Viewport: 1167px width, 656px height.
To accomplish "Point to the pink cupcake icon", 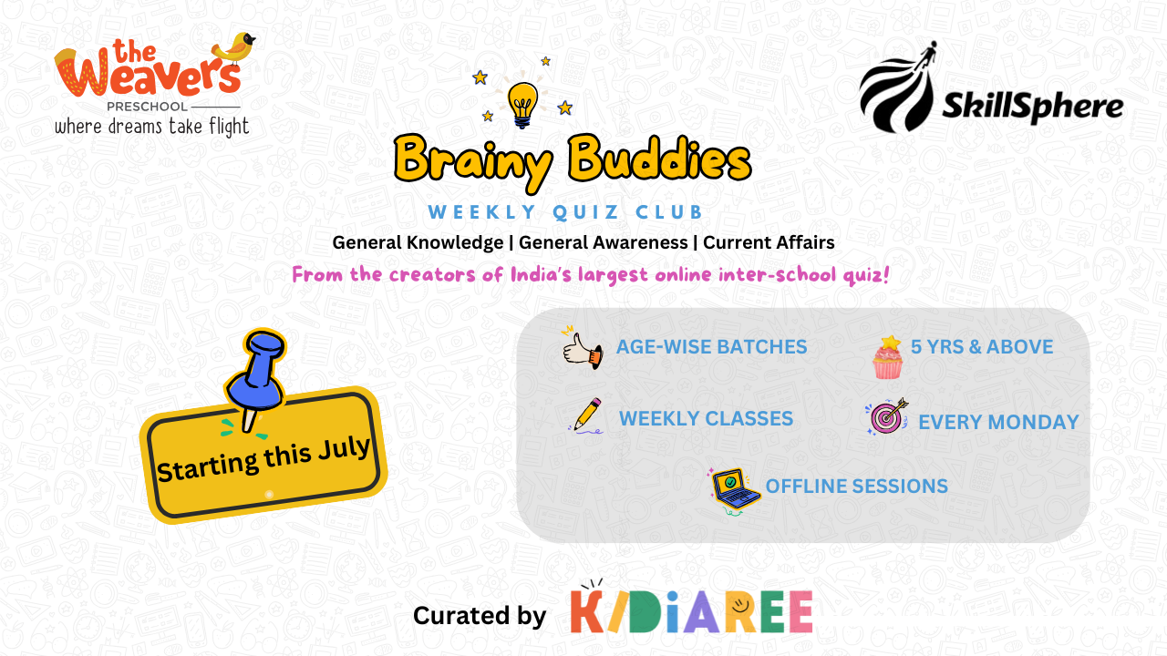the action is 888,357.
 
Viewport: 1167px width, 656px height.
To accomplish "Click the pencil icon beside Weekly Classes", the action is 587,415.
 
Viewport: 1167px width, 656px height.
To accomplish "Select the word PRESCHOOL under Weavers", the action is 147,107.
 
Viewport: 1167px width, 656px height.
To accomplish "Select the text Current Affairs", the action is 769,242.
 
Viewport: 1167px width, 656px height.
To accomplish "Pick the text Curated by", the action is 480,615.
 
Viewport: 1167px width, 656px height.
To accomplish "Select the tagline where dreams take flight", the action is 152,127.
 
